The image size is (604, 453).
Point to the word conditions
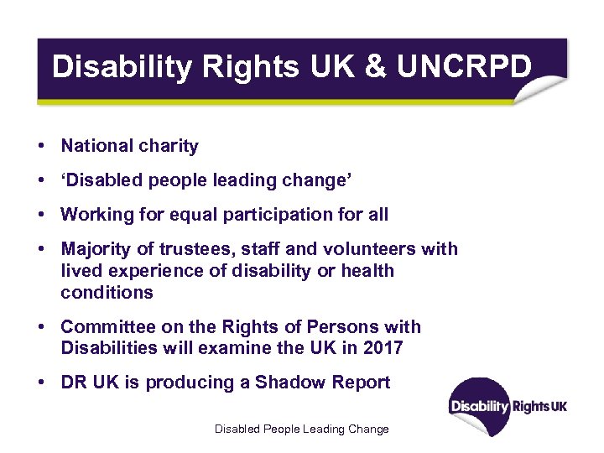click(x=107, y=293)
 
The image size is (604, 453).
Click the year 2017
click(x=383, y=347)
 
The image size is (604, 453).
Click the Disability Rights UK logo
click(x=508, y=407)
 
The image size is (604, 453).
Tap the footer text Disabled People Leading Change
click(x=302, y=429)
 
